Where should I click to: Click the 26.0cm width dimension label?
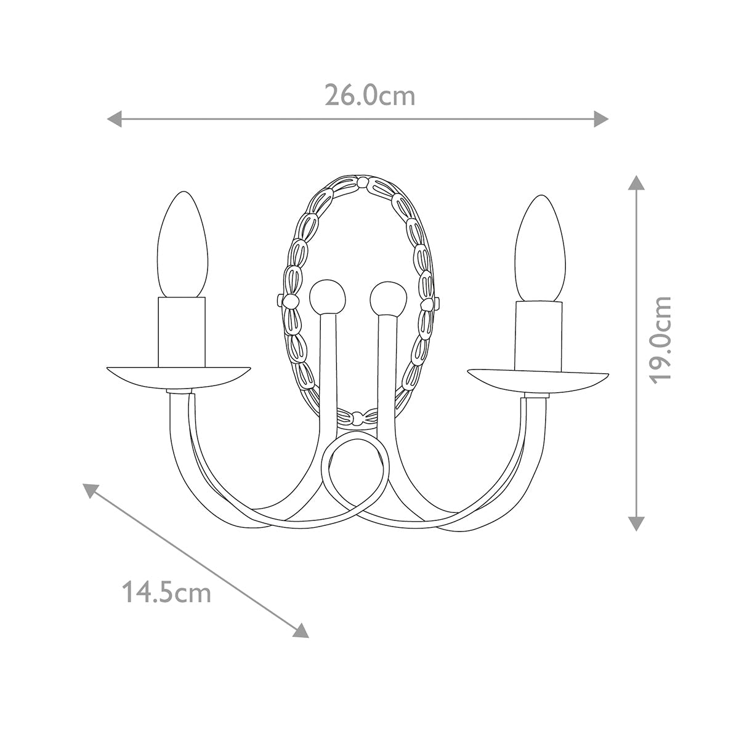370,95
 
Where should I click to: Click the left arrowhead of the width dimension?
115,119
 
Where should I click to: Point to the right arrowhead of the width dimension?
601,119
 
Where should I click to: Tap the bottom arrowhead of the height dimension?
636,523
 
